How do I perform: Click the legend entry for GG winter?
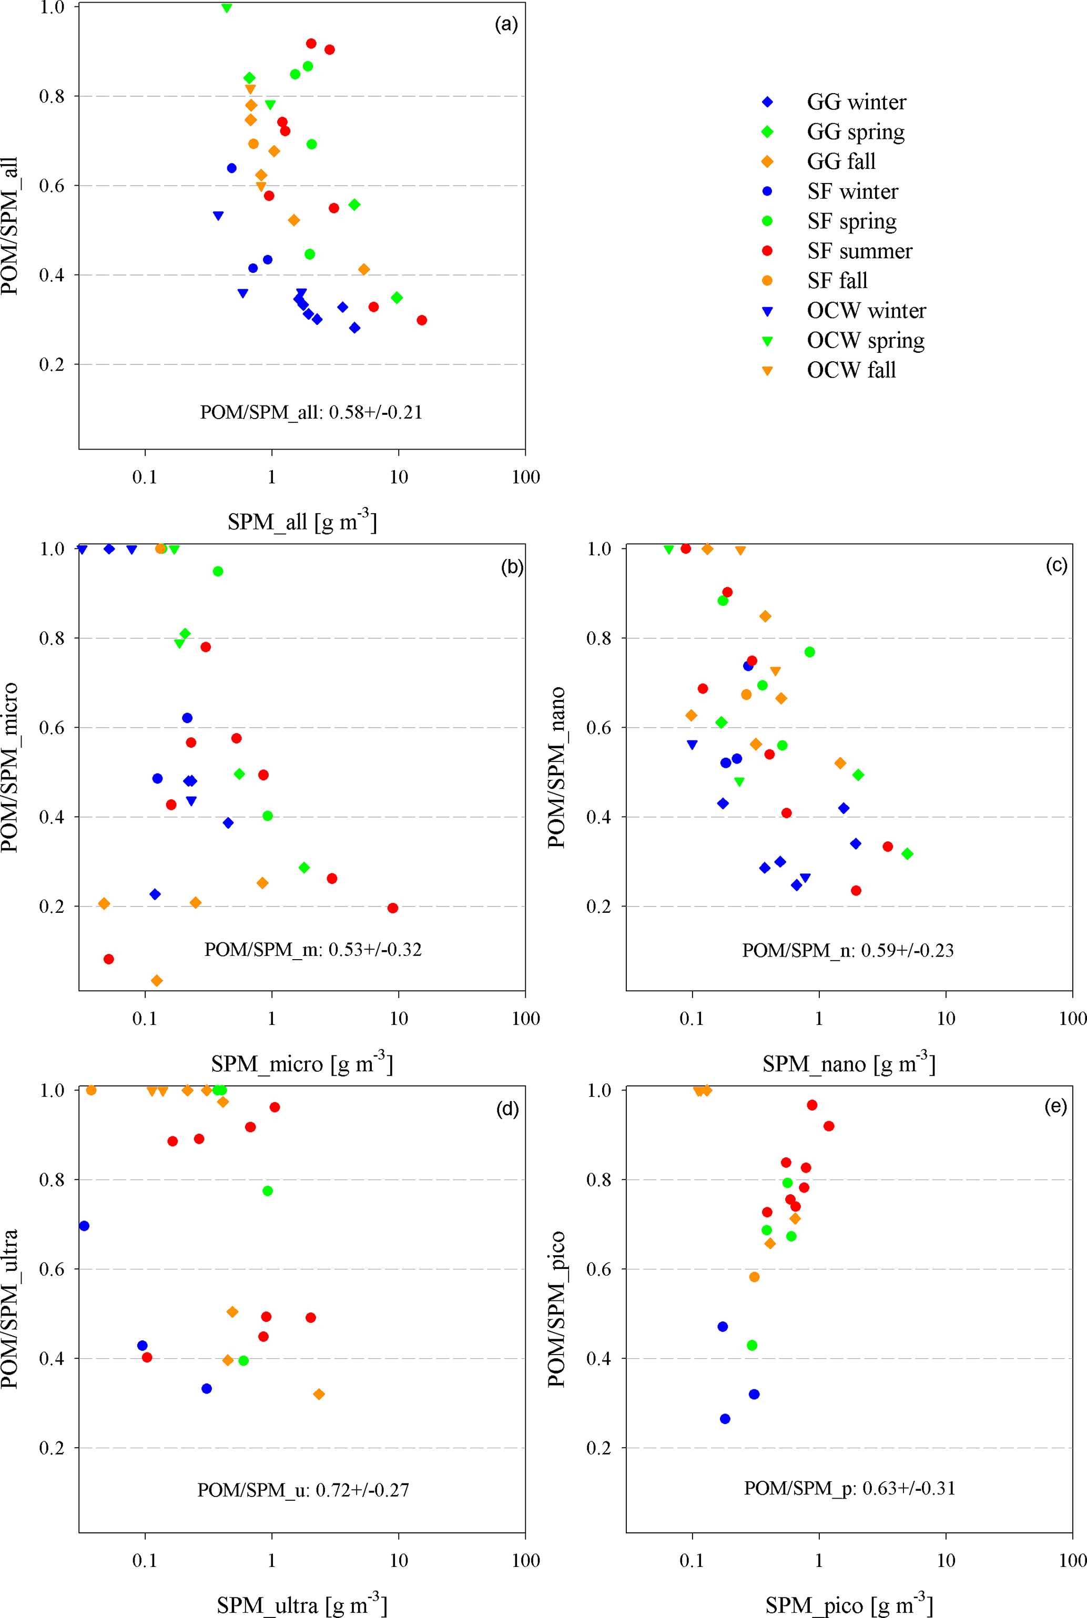pos(856,102)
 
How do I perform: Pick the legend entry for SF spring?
pos(851,221)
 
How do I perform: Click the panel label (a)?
pos(506,24)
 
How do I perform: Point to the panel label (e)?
pos(1055,1106)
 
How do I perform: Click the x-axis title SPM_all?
pos(302,521)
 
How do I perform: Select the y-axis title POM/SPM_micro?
pos(9,767)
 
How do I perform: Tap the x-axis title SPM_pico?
pos(849,1604)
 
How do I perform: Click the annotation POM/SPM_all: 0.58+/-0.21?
pos(311,412)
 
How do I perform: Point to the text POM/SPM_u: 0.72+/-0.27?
pos(303,1490)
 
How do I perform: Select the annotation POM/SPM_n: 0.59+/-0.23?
pos(848,950)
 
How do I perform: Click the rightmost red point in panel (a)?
pos(421,320)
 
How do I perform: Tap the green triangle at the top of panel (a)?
pos(227,8)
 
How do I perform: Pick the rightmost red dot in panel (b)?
pos(393,908)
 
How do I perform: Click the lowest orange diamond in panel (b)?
pos(157,980)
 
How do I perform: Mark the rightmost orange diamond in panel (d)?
pos(319,1394)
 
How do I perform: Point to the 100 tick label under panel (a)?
pos(525,477)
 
